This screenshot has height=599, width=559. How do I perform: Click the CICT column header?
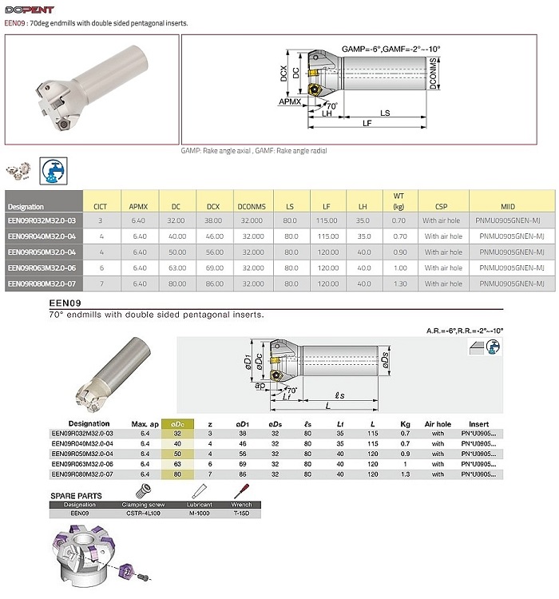(x=100, y=206)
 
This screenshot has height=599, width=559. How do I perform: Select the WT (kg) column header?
(x=398, y=200)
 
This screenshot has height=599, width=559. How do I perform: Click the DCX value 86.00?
(x=213, y=284)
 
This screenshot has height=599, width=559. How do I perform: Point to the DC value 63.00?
(x=176, y=268)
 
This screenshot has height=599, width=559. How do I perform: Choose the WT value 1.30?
(x=398, y=284)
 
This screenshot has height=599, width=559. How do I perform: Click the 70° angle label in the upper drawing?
(x=331, y=105)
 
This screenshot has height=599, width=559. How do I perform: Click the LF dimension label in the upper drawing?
(x=367, y=123)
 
